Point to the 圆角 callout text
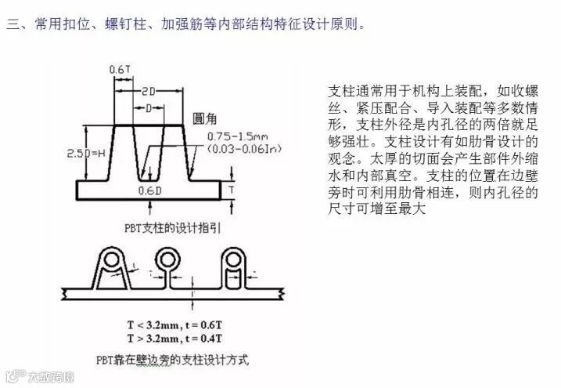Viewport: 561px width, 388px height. [205, 119]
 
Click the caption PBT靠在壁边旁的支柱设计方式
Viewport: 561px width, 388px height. [173, 361]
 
